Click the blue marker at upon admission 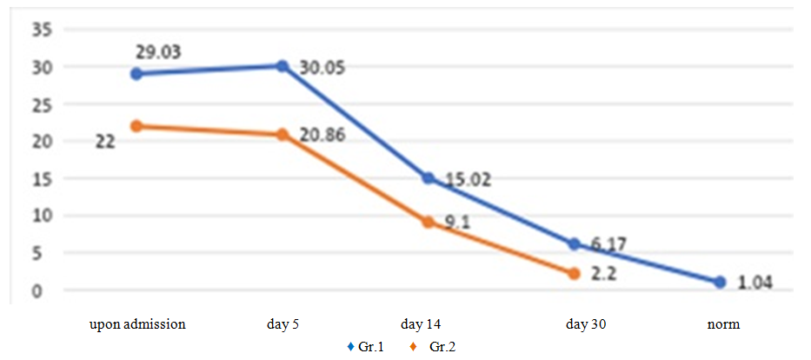click(x=136, y=74)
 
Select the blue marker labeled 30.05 click(x=283, y=66)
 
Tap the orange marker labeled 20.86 click(x=283, y=135)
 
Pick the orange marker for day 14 click(x=428, y=222)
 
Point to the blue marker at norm click(x=720, y=282)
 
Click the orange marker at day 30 click(x=574, y=274)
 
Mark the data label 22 click(x=104, y=141)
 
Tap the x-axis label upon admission click(x=137, y=324)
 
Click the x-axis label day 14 click(x=422, y=324)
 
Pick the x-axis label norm click(x=723, y=324)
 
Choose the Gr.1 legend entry click(x=369, y=347)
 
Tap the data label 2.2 click(x=606, y=274)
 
